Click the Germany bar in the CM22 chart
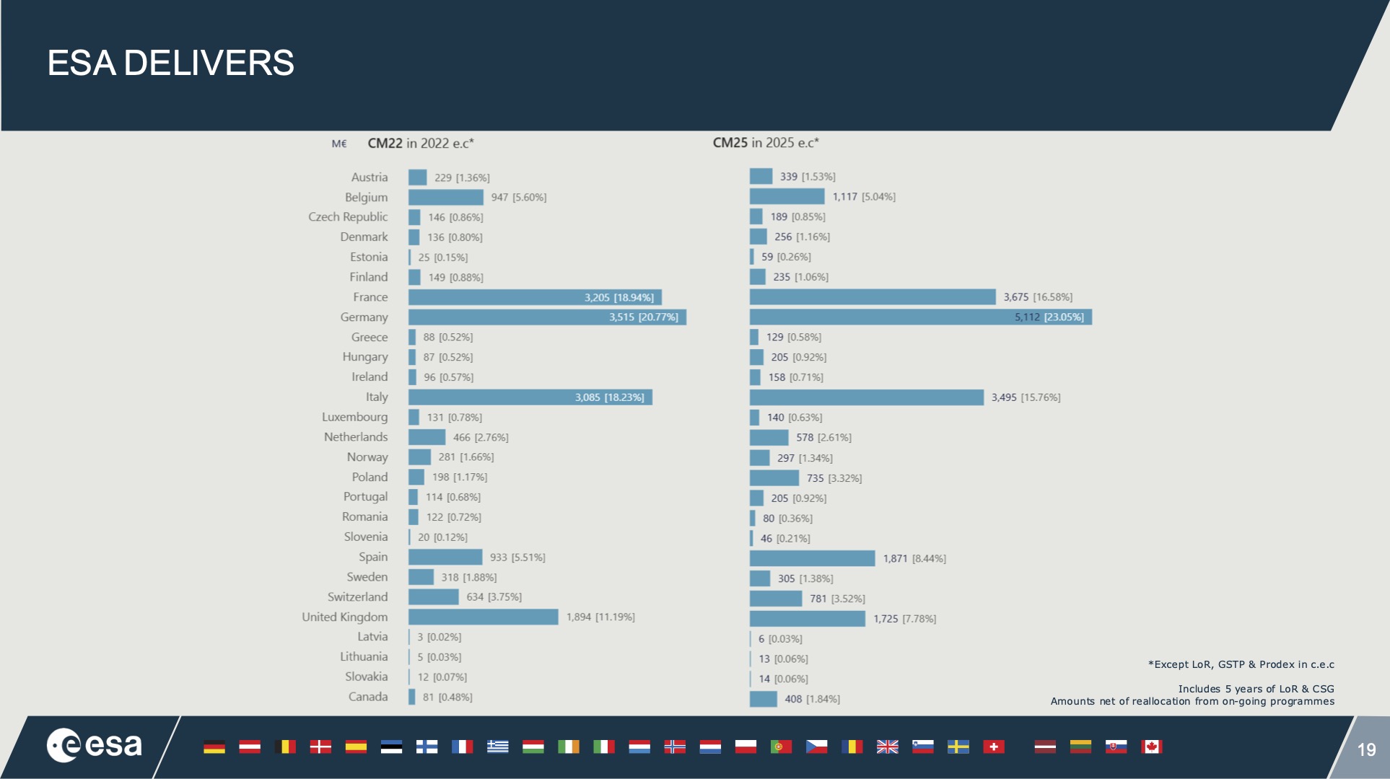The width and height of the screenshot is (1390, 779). coord(505,317)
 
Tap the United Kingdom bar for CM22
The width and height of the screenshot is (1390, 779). coord(483,617)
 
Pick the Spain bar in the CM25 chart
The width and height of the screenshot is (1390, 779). coord(812,558)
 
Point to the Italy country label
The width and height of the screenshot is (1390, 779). coord(376,397)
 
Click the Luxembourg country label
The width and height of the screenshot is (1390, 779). coord(354,417)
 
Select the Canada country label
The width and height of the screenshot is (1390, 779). coord(368,697)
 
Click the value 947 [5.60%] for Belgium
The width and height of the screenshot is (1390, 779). coord(518,198)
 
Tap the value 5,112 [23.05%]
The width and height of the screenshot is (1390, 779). coord(1049,317)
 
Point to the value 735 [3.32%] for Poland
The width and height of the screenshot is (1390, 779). coord(834,478)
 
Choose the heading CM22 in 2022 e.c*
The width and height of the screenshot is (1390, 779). coord(420,144)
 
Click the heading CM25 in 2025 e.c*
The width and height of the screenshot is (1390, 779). coord(766,143)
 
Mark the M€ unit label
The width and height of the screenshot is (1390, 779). coord(339,144)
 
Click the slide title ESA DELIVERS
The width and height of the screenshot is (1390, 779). coord(170,63)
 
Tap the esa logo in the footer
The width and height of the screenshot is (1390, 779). coord(95,745)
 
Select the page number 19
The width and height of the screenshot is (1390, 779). coord(1366,749)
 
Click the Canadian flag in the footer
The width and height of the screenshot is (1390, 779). coord(1151,747)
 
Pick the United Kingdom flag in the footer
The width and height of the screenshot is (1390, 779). coord(887,747)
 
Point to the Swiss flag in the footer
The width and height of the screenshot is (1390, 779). coord(993,747)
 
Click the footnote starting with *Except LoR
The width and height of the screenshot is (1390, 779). coord(1241,664)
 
